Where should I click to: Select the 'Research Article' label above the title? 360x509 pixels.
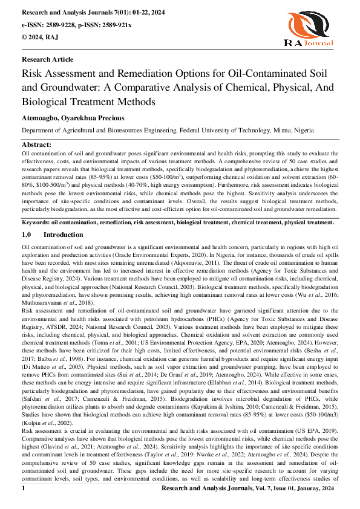(47, 59)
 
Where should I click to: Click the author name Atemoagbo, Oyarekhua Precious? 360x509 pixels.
(73, 118)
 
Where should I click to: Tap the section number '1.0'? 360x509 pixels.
(26, 234)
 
